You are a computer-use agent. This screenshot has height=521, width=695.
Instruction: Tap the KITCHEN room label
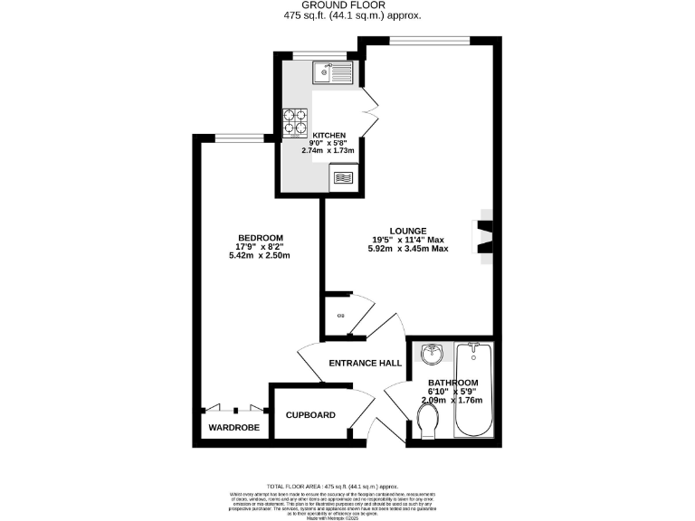coord(329,135)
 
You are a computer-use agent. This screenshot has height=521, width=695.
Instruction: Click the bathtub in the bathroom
coord(472,388)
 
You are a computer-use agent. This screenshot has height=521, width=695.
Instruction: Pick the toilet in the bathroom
coord(429,420)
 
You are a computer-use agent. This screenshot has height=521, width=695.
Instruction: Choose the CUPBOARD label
coord(310,415)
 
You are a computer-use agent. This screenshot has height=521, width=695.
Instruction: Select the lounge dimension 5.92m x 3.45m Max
coord(408,249)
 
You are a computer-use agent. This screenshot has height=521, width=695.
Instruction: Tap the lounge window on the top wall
coord(429,39)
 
